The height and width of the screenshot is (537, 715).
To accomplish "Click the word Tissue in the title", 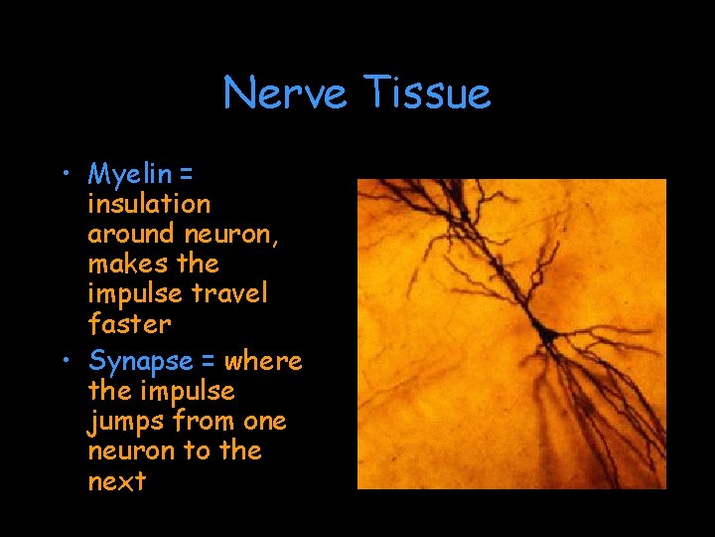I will pyautogui.click(x=427, y=93).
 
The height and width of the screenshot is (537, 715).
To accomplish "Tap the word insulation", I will pyautogui.click(x=149, y=204).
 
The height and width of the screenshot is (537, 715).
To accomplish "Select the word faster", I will pyautogui.click(x=129, y=323).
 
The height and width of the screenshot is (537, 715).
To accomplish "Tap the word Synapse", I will pyautogui.click(x=140, y=361).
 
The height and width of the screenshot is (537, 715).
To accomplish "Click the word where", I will pyautogui.click(x=263, y=360).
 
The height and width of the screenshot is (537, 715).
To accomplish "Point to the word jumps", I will pyautogui.click(x=126, y=421).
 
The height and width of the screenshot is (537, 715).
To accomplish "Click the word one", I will pyautogui.click(x=264, y=421).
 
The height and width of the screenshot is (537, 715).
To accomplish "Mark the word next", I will pyautogui.click(x=117, y=481).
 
